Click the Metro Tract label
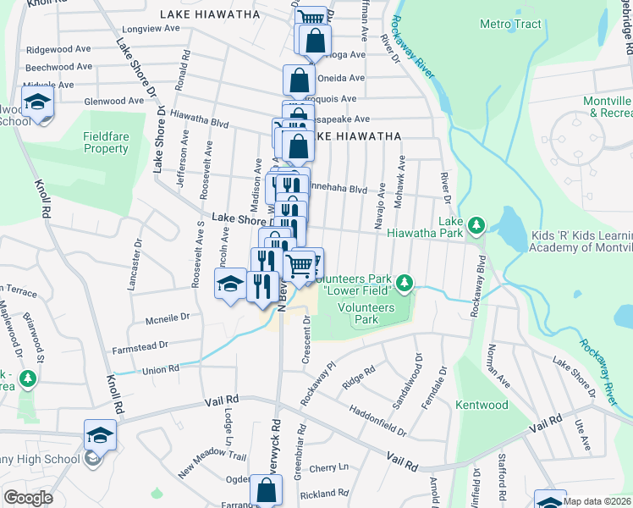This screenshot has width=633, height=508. [509, 24]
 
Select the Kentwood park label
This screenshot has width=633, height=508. [482, 406]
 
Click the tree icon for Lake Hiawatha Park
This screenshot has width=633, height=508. [477, 224]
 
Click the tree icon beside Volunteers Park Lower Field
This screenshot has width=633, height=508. [405, 282]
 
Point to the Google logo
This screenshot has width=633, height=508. [29, 497]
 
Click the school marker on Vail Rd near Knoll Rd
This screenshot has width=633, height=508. [100, 437]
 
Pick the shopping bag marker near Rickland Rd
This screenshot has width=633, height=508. [266, 489]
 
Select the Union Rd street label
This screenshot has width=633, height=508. [161, 369]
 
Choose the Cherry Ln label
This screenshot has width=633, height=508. [329, 467]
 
